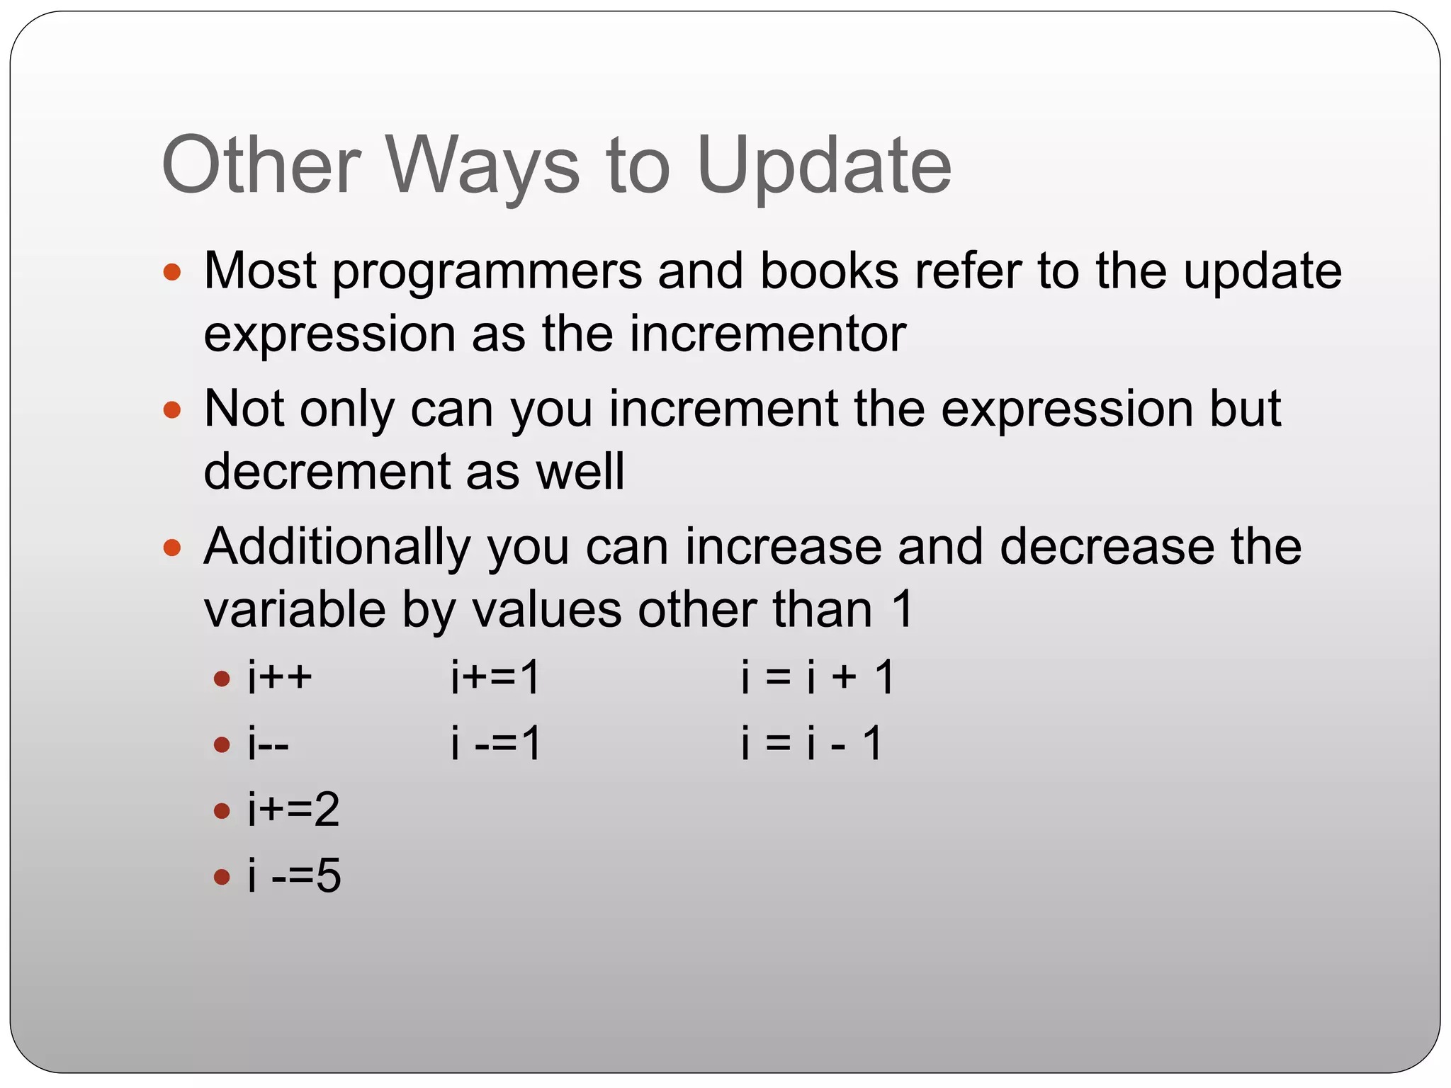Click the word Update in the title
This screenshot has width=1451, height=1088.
point(823,166)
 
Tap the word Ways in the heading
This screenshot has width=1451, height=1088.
point(482,166)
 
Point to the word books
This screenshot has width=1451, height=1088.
point(829,271)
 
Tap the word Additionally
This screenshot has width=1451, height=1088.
point(337,548)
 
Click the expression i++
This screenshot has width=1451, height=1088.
point(279,676)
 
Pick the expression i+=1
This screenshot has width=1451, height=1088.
point(495,676)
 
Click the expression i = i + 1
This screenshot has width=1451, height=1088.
point(818,676)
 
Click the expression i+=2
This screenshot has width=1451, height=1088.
point(293,810)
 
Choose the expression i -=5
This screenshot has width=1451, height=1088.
point(294,876)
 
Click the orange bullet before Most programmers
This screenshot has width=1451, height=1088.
point(172,272)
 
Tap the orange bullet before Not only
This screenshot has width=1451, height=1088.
point(172,409)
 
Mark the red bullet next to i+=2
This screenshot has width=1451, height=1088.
point(222,810)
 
